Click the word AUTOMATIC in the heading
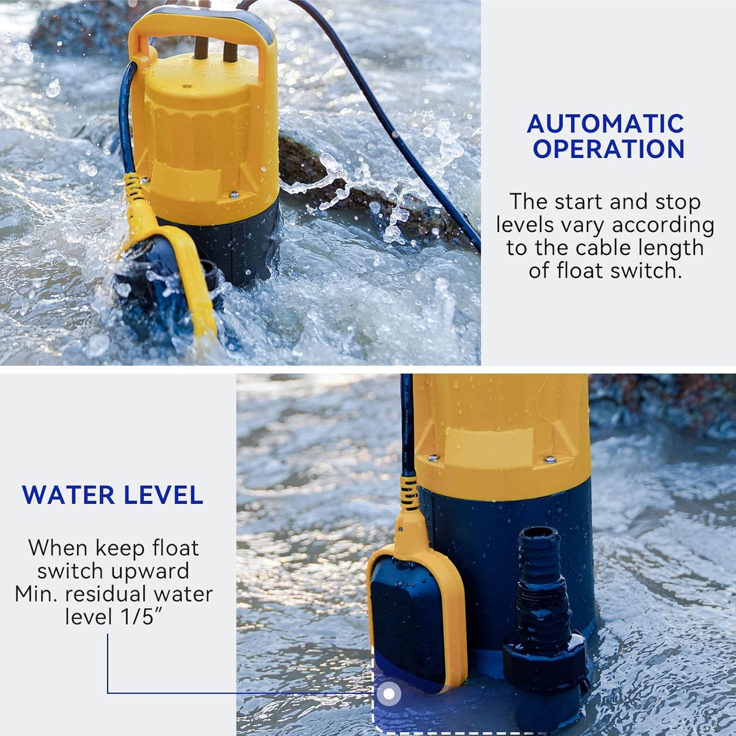tap(606, 124)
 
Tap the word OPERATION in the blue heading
tap(608, 149)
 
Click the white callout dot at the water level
tap(389, 694)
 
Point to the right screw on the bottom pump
tap(550, 459)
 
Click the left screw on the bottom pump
tap(433, 458)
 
